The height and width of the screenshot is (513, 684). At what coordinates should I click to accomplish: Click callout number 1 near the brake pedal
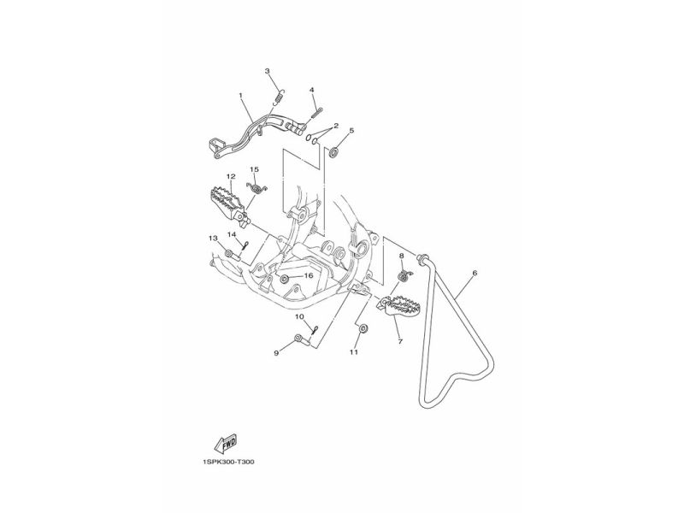tap(241, 96)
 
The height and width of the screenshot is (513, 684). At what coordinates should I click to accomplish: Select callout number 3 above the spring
tap(267, 71)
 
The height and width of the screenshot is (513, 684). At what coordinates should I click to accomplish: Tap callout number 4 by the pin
tap(312, 90)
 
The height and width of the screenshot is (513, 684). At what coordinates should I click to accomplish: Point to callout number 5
tap(351, 131)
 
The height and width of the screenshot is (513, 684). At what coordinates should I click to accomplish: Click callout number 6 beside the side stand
tap(475, 274)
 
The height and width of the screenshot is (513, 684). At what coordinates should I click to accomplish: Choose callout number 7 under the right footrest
tap(399, 340)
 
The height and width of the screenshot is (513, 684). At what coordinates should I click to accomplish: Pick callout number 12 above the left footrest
tap(230, 177)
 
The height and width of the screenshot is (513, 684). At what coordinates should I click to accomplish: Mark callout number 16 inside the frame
tap(309, 276)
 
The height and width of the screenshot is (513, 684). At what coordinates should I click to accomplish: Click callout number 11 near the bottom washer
tap(352, 351)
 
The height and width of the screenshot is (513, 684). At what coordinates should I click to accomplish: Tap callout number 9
tap(276, 351)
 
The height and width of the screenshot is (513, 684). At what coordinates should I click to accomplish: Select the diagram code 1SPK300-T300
tap(229, 463)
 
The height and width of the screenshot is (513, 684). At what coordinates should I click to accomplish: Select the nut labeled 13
tap(228, 254)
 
